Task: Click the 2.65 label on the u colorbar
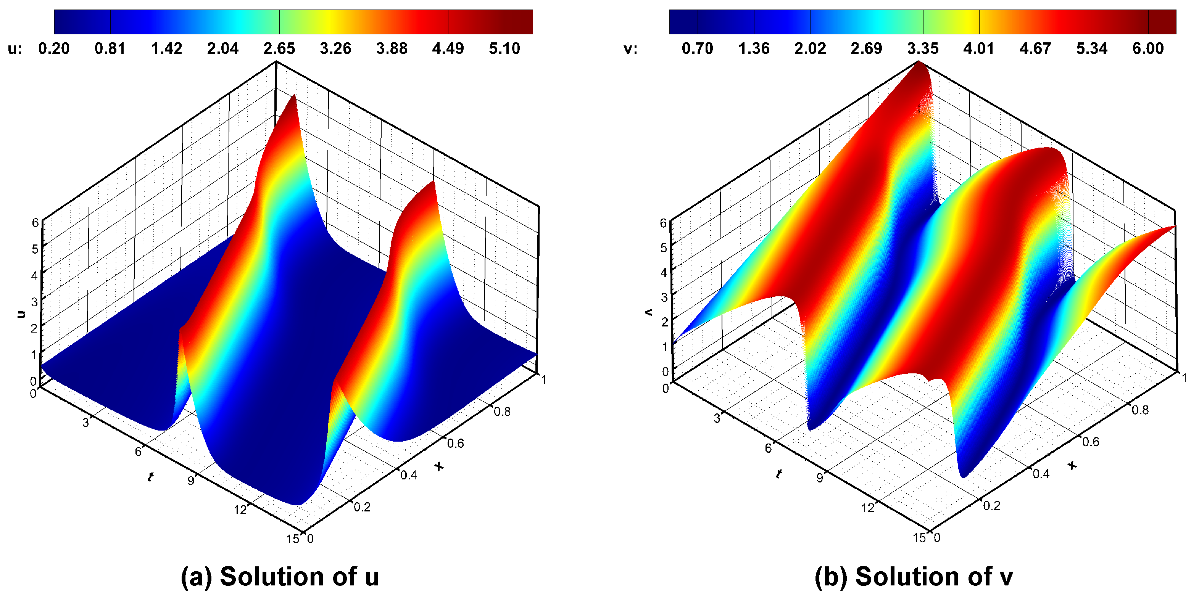279,48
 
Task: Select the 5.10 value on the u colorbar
504,48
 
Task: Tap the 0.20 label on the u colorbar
53,48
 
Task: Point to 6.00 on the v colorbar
1148,48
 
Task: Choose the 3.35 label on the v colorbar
922,48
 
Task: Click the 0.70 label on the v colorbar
697,48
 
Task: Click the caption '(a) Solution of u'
280,577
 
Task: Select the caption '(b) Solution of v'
913,577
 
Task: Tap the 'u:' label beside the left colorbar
15,48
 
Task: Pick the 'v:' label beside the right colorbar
630,48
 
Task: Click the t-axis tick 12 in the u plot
240,510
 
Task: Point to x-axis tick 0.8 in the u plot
502,412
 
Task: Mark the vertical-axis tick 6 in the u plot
35,223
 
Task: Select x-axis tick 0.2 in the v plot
991,505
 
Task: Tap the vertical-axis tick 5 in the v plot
664,248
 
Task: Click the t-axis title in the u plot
150,477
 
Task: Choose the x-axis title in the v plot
1072,465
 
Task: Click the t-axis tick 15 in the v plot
919,538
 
